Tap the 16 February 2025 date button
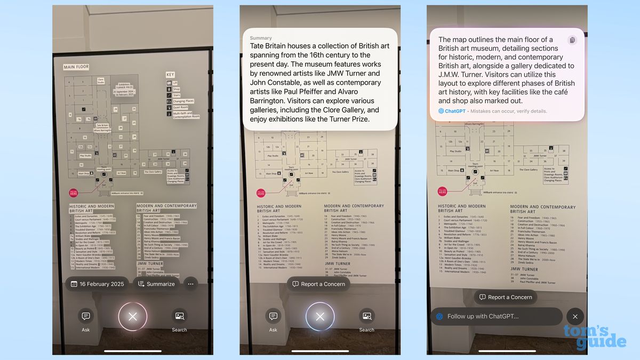pyautogui.click(x=97, y=284)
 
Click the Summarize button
pyautogui.click(x=156, y=284)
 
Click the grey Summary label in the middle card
pyautogui.click(x=261, y=38)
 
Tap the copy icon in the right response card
pyautogui.click(x=572, y=40)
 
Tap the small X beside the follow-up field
pyautogui.click(x=575, y=316)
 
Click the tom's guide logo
pyautogui.click(x=594, y=336)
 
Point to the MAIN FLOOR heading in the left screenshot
pyautogui.click(x=76, y=67)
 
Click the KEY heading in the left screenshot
pyautogui.click(x=171, y=75)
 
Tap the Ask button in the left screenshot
pyautogui.click(x=86, y=320)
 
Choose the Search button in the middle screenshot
pyautogui.click(x=366, y=320)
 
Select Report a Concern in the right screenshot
pyautogui.click(x=505, y=297)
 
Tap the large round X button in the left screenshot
pyautogui.click(x=133, y=316)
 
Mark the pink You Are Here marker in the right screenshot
pyautogui.click(x=442, y=191)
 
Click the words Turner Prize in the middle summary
pyautogui.click(x=348, y=119)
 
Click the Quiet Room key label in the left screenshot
pyautogui.click(x=181, y=107)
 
